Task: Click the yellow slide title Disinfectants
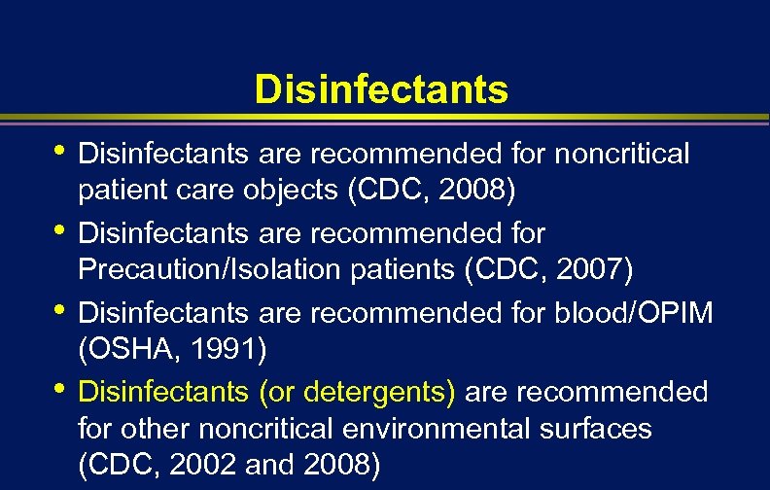click(381, 89)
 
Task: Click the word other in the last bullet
click(155, 430)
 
